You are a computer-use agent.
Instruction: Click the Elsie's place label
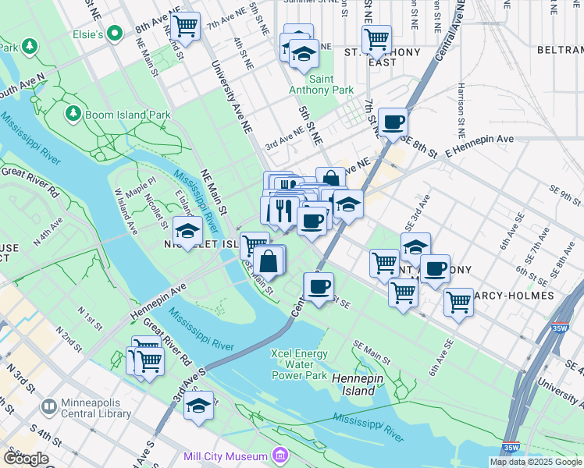(x=88, y=35)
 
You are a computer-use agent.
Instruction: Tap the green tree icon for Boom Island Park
(x=73, y=115)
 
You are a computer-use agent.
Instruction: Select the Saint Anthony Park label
(x=332, y=85)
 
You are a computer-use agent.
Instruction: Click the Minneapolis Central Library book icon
(x=48, y=406)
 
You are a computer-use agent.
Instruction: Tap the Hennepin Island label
(x=353, y=384)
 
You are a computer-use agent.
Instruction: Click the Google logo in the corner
(x=25, y=459)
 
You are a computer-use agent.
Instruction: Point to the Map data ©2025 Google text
(x=536, y=462)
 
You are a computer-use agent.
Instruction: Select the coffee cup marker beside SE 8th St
(x=393, y=122)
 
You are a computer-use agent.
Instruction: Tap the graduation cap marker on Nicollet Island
(x=187, y=231)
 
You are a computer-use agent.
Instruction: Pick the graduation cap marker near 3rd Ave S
(x=199, y=406)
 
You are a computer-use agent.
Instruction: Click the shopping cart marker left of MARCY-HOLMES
(x=458, y=302)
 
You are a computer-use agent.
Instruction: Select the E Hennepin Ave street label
(x=480, y=139)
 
